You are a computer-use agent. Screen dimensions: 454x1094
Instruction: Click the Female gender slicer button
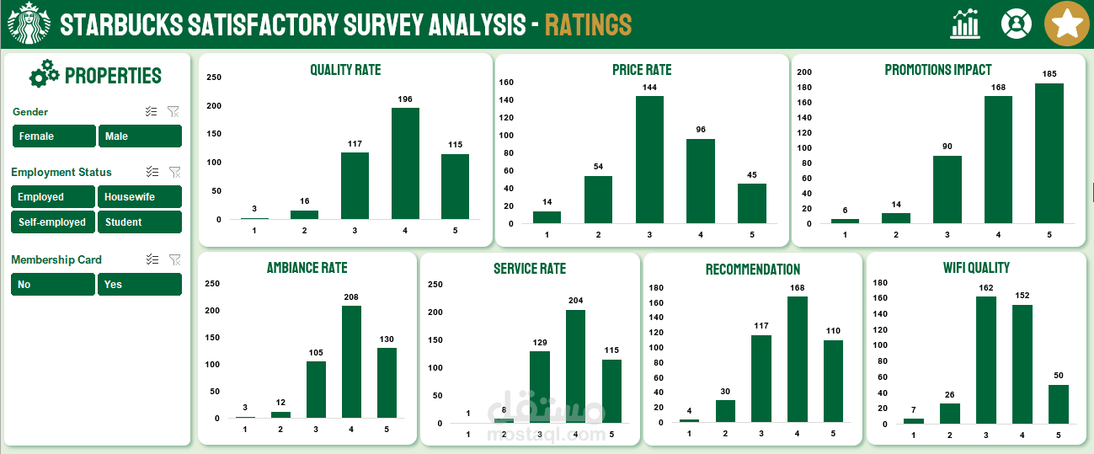[54, 136]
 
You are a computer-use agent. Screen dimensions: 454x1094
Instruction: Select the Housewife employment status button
[140, 197]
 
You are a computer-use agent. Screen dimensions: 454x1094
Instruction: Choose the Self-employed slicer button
[53, 222]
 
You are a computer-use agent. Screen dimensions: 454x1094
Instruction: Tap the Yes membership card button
[140, 285]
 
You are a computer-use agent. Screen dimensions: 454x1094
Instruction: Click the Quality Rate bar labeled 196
[405, 163]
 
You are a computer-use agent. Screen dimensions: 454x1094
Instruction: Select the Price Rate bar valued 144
[649, 159]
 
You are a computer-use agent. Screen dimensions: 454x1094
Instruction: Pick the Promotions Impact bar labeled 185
[1049, 153]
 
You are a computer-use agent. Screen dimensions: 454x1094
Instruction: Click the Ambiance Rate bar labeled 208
[351, 361]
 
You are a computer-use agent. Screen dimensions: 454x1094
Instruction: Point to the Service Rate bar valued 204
[575, 366]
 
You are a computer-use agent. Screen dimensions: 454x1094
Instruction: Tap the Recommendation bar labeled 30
[725, 410]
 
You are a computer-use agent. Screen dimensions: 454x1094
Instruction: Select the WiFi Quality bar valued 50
[1058, 404]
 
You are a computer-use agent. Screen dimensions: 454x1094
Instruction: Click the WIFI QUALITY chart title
[976, 268]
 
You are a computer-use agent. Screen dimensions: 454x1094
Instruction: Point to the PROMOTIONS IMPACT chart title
[938, 70]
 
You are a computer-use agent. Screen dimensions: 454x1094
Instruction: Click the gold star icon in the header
[1067, 24]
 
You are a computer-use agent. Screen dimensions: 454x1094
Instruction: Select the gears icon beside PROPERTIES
[44, 74]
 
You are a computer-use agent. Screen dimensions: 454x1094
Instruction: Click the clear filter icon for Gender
[173, 111]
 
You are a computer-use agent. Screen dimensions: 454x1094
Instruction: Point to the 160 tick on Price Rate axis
[506, 83]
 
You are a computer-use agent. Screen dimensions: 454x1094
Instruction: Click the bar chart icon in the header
[965, 24]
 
